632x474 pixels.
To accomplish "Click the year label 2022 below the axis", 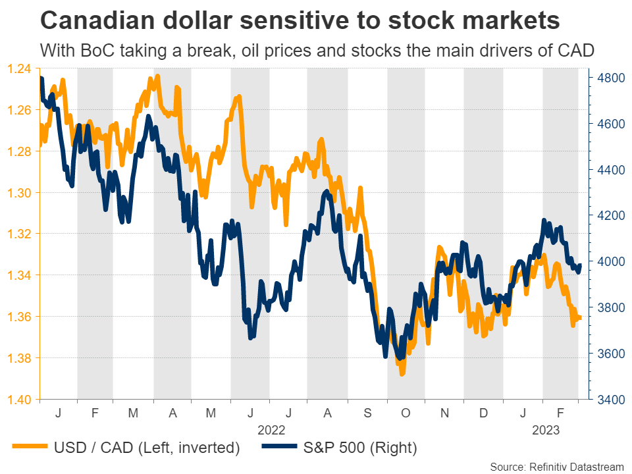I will pos(271,430).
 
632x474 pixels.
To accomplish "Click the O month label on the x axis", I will pos(406,413).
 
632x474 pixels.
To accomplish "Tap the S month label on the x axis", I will pos(367,413).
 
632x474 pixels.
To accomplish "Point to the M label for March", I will pos(134,413).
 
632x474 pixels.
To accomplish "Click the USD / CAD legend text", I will pos(145,449).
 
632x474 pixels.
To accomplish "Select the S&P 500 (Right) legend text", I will pos(361,449).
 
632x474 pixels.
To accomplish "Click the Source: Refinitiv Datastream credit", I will pos(556,466).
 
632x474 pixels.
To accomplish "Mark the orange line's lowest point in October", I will pos(402,373).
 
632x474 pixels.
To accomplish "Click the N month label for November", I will pos(444,413).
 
